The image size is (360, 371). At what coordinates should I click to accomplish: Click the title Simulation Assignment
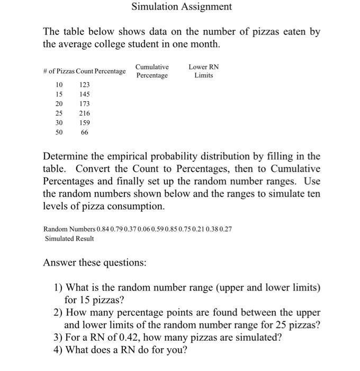[182, 7]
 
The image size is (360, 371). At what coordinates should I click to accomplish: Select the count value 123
[85, 85]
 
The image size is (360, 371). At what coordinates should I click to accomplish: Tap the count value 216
[85, 113]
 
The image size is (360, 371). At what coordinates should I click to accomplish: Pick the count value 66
[85, 132]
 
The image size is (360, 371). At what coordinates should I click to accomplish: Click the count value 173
[85, 104]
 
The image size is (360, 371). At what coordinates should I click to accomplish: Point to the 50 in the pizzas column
[59, 132]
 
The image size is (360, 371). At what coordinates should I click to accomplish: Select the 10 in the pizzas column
[59, 85]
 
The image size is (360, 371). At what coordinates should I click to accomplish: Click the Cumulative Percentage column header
[152, 71]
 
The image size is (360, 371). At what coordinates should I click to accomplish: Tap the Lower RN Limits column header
[203, 71]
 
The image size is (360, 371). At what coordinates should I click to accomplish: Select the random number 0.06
[145, 229]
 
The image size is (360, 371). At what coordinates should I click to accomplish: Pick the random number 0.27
[225, 229]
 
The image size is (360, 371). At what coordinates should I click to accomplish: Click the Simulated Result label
[69, 238]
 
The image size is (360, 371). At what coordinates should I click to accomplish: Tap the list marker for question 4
[58, 350]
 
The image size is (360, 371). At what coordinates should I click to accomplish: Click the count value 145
[85, 94]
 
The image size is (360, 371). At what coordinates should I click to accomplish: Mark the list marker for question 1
[58, 287]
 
